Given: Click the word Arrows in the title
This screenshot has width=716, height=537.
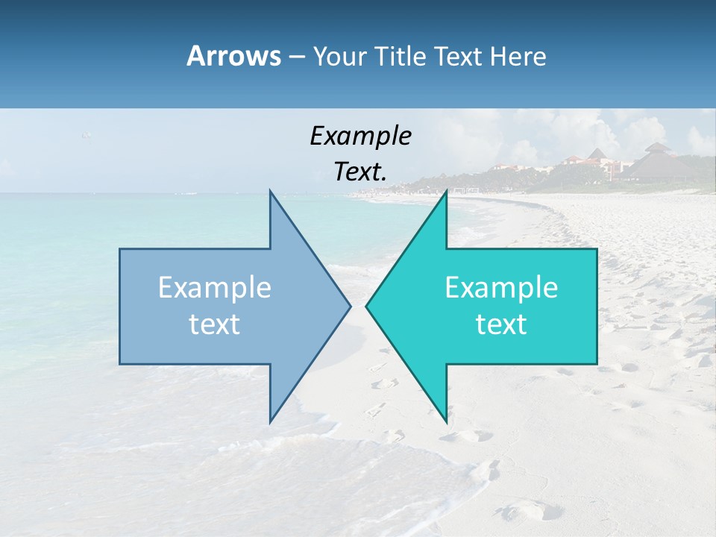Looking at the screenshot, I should [x=233, y=56].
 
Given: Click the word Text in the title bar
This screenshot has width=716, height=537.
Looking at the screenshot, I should [x=460, y=56].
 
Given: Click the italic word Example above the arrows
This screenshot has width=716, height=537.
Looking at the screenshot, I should [x=360, y=136].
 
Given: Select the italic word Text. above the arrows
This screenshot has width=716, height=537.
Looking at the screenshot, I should [x=360, y=172].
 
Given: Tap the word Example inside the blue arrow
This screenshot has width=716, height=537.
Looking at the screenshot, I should [x=215, y=287].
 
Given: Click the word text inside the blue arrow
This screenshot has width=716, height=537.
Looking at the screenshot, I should [x=215, y=324].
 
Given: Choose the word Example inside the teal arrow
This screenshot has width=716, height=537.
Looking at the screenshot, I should [x=501, y=287].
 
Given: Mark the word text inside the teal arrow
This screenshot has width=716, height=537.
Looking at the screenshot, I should [x=501, y=324].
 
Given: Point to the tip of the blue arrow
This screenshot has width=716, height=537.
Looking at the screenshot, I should [x=349, y=306].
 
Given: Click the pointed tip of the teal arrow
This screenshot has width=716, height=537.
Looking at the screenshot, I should [x=367, y=306].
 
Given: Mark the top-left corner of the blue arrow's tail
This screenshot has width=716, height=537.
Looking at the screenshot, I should [x=121, y=250].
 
